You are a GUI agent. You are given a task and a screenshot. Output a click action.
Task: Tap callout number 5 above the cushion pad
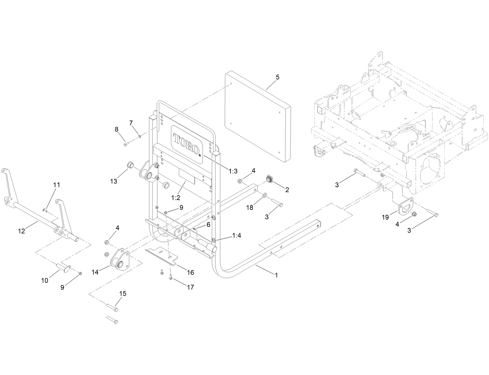tap(277, 77)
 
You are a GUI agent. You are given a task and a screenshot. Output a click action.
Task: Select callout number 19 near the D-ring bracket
tap(385, 217)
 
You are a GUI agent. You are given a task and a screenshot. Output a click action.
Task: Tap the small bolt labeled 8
tap(125, 145)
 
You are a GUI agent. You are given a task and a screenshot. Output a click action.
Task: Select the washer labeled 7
tap(139, 137)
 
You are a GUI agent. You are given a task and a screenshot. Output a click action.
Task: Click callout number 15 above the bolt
tap(123, 294)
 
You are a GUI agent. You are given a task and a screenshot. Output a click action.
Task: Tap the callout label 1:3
tap(233, 171)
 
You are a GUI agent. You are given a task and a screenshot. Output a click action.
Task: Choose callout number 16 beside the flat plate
tap(190, 272)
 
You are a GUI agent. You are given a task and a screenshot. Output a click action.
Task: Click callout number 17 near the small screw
tap(190, 287)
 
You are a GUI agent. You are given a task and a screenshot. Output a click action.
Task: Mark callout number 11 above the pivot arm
tap(57, 185)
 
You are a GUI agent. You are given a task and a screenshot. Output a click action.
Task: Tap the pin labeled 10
tap(63, 265)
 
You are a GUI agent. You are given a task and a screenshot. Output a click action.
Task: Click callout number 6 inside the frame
tap(208, 224)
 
